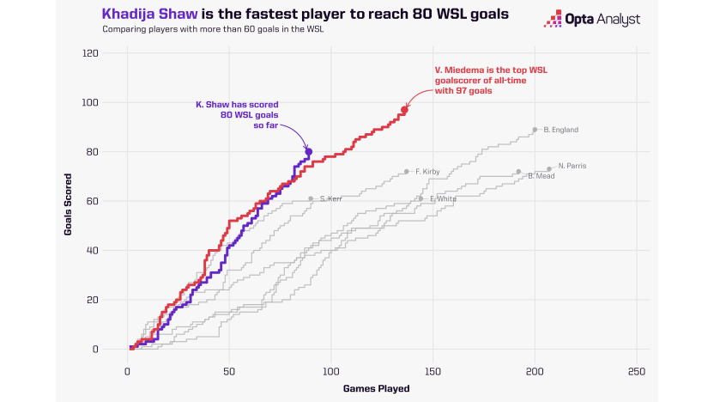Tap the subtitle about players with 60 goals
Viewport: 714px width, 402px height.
pos(212,30)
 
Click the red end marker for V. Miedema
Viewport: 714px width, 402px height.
pos(404,109)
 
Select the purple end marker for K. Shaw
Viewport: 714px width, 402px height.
pos(309,152)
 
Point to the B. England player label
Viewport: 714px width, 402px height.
pos(561,130)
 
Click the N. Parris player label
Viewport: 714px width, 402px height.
pos(572,166)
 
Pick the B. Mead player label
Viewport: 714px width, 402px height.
pos(542,176)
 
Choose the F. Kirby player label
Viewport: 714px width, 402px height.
pos(427,172)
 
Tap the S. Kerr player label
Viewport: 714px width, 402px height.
pos(331,198)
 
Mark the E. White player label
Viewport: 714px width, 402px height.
pos(443,198)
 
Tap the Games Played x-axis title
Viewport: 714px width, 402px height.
pos(378,388)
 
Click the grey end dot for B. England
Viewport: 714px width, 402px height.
pos(535,130)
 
